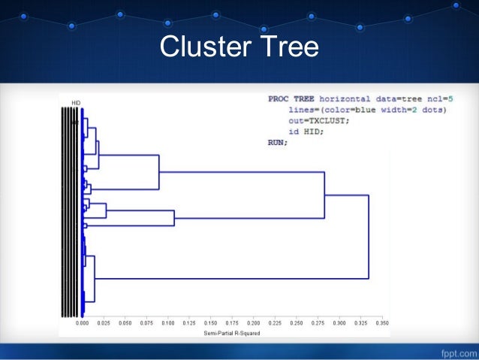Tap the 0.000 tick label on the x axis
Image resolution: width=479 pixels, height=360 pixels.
(x=83, y=323)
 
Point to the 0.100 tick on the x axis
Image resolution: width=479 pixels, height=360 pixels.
(x=168, y=323)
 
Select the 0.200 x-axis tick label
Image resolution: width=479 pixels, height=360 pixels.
(x=254, y=323)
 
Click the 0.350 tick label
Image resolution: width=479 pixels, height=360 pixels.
(x=382, y=323)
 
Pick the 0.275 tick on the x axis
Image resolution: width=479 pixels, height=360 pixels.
(x=318, y=323)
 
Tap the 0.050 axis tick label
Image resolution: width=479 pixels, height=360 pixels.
(x=125, y=323)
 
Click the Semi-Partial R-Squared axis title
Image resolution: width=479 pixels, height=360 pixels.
(x=232, y=332)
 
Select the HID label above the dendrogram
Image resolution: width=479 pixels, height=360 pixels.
(x=76, y=102)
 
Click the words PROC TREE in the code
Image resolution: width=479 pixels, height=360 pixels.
(x=291, y=98)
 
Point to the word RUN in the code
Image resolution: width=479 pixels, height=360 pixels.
(x=277, y=141)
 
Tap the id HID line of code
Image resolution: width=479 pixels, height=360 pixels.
(x=309, y=131)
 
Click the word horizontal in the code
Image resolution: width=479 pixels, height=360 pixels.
(x=347, y=98)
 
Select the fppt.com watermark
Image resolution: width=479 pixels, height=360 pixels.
(x=453, y=351)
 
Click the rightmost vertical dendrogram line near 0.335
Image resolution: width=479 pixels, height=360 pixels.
(x=369, y=237)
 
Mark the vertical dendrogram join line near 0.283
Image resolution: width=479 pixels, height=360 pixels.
(x=324, y=195)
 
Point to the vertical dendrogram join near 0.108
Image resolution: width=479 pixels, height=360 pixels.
(x=174, y=218)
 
